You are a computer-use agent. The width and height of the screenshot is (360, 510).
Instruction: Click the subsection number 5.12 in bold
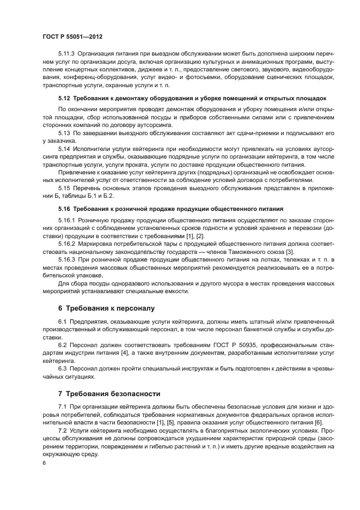click(64, 98)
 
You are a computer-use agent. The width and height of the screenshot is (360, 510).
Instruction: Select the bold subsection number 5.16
click(64, 208)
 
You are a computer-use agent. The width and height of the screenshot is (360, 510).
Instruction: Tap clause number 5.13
click(64, 133)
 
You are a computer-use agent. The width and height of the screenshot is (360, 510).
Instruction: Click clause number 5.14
click(64, 149)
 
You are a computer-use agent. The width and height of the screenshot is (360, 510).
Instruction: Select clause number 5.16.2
click(67, 243)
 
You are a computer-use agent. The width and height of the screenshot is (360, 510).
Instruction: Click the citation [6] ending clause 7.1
click(319, 422)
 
